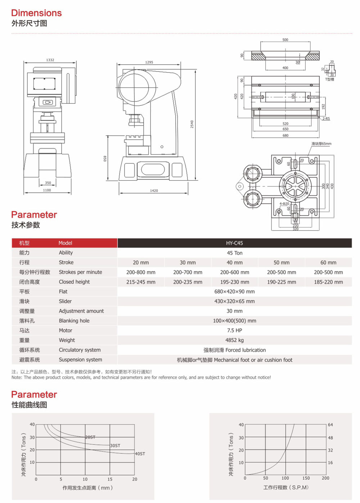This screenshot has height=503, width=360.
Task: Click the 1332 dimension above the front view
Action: tap(50, 60)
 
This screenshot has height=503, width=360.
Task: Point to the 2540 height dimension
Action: tap(192, 124)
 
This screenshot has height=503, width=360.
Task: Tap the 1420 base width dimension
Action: tap(154, 191)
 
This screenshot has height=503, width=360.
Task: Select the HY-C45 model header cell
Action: tap(234, 243)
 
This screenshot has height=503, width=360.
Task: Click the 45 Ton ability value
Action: tap(234, 253)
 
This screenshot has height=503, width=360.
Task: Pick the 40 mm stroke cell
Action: tap(234, 263)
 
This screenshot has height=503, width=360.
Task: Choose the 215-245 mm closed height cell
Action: tap(141, 282)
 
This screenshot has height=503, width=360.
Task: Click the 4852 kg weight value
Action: tap(234, 340)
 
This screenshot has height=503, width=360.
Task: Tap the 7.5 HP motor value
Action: tap(234, 330)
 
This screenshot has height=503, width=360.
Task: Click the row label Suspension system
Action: tap(80, 359)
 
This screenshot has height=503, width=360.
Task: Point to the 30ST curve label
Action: tap(115, 445)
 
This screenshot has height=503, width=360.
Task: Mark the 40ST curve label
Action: tap(140, 454)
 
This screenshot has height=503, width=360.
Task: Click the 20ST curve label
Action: tap(90, 437)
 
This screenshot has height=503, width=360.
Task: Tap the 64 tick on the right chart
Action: tap(330, 425)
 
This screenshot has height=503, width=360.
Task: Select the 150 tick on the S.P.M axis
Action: tap(306, 478)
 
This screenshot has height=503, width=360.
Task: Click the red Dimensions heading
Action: tap(36, 13)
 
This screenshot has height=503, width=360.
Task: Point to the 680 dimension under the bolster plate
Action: tap(285, 136)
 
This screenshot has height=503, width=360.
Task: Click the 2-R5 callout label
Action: tap(326, 118)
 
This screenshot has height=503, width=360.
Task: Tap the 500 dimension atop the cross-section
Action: tap(285, 40)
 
